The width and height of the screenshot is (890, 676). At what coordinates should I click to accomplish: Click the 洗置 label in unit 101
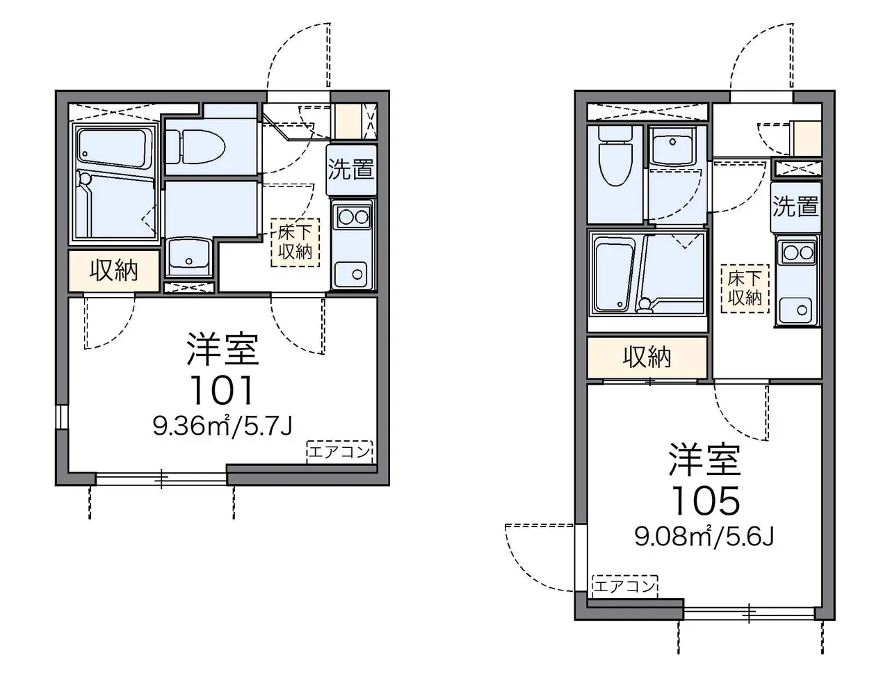350,169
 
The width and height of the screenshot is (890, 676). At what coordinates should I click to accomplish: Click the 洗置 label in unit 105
795,207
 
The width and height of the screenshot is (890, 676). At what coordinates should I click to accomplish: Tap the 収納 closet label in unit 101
114,270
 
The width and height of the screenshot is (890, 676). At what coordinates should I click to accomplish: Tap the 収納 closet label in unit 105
647,357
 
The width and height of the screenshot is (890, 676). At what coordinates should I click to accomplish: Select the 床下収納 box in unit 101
296,243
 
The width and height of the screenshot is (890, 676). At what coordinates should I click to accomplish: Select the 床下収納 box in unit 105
745,289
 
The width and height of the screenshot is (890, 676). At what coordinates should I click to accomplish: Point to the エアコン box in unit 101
339,452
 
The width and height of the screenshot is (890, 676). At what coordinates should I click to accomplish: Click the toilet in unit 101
195,146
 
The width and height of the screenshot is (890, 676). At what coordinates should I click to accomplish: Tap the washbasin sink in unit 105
672,145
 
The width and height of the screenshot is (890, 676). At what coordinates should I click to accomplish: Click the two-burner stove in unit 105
798,253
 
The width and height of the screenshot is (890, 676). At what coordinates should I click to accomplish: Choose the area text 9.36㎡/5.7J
222,426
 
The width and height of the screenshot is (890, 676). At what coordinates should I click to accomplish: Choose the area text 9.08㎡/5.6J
704,536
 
